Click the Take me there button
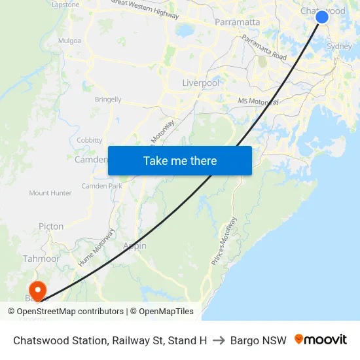pyautogui.click(x=180, y=160)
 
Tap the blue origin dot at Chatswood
pyautogui.click(x=322, y=17)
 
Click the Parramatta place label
pyautogui.click(x=238, y=22)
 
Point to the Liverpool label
pyautogui.click(x=200, y=84)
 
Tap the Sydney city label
pyautogui.click(x=338, y=46)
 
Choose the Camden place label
pyautogui.click(x=90, y=160)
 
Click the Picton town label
pyautogui.click(x=51, y=226)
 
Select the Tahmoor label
pyautogui.click(x=41, y=259)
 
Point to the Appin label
pyautogui.click(x=135, y=246)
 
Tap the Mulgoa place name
pyautogui.click(x=69, y=41)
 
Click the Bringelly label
pyautogui.click(x=108, y=99)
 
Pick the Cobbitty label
pyautogui.click(x=90, y=140)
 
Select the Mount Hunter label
pyautogui.click(x=50, y=193)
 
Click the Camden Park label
pyautogui.click(x=101, y=186)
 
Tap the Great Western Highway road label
pyautogui.click(x=145, y=9)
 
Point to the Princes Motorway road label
pyautogui.click(x=223, y=240)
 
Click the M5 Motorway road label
pyautogui.click(x=259, y=101)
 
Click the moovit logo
pyautogui.click(x=321, y=340)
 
